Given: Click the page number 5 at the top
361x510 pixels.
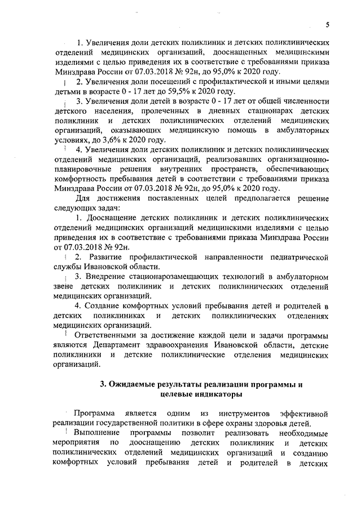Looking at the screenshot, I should pyautogui.click(x=327, y=24).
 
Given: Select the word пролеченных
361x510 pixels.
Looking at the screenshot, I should pyautogui.click(x=153, y=112).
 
